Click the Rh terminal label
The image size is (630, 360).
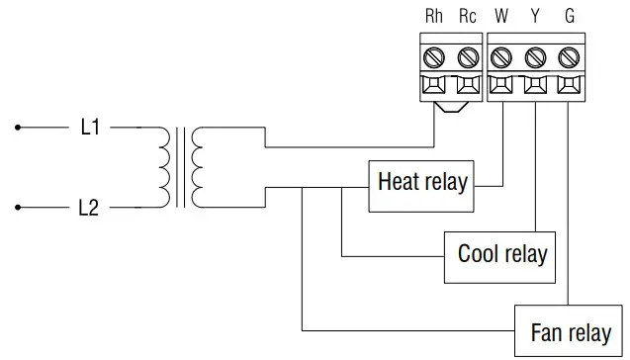[434, 17]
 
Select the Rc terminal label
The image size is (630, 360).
[468, 17]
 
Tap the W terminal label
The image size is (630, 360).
[502, 17]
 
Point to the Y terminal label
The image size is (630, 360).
[536, 17]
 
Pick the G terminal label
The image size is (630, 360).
[569, 17]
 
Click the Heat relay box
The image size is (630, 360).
[422, 183]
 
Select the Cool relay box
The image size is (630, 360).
[501, 255]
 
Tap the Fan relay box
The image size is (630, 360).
[571, 330]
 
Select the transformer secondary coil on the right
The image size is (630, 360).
[198, 167]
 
